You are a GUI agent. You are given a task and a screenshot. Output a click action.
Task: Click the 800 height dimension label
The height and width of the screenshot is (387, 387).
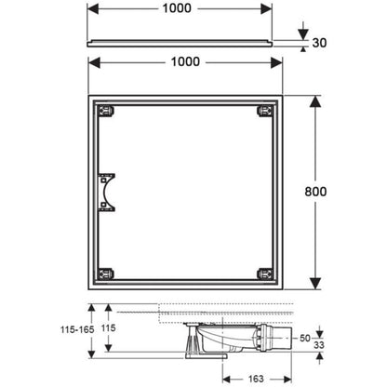[x=315, y=192]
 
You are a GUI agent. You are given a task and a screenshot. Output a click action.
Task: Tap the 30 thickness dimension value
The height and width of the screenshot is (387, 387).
[x=319, y=43]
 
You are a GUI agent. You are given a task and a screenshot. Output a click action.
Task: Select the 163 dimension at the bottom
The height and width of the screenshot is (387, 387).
[x=256, y=379]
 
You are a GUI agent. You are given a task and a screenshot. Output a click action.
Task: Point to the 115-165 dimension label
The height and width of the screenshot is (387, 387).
[x=77, y=329]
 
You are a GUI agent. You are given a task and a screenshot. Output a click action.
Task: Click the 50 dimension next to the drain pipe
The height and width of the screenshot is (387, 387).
[x=305, y=338]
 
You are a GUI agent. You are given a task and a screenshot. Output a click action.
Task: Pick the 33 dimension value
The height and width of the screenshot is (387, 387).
[x=319, y=345]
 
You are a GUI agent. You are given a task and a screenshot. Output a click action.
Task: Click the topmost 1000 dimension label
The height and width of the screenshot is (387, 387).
[x=177, y=8]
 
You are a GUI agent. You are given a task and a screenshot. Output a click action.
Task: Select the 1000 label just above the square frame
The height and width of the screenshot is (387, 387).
[x=185, y=61]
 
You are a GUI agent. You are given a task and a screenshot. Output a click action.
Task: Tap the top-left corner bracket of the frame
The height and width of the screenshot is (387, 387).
[x=106, y=111]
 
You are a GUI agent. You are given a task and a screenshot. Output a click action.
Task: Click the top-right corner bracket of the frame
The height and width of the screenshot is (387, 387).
[x=265, y=111]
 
